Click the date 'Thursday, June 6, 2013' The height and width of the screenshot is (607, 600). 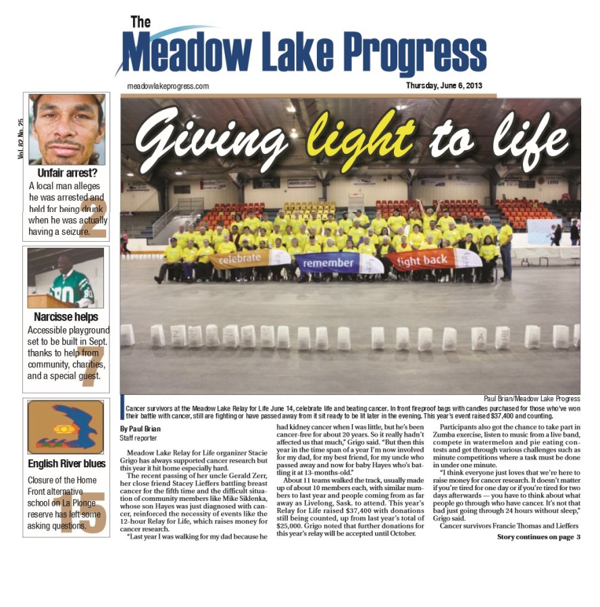point(444,86)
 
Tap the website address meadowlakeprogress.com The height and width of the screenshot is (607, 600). point(168,86)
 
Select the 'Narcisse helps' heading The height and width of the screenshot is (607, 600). point(66,317)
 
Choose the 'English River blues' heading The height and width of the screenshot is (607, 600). point(66,464)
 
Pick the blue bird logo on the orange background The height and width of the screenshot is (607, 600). point(66,427)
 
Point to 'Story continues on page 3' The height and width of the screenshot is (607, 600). point(539,537)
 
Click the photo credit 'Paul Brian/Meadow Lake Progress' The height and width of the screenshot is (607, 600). point(532,399)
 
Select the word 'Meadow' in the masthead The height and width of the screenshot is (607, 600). point(182,52)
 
